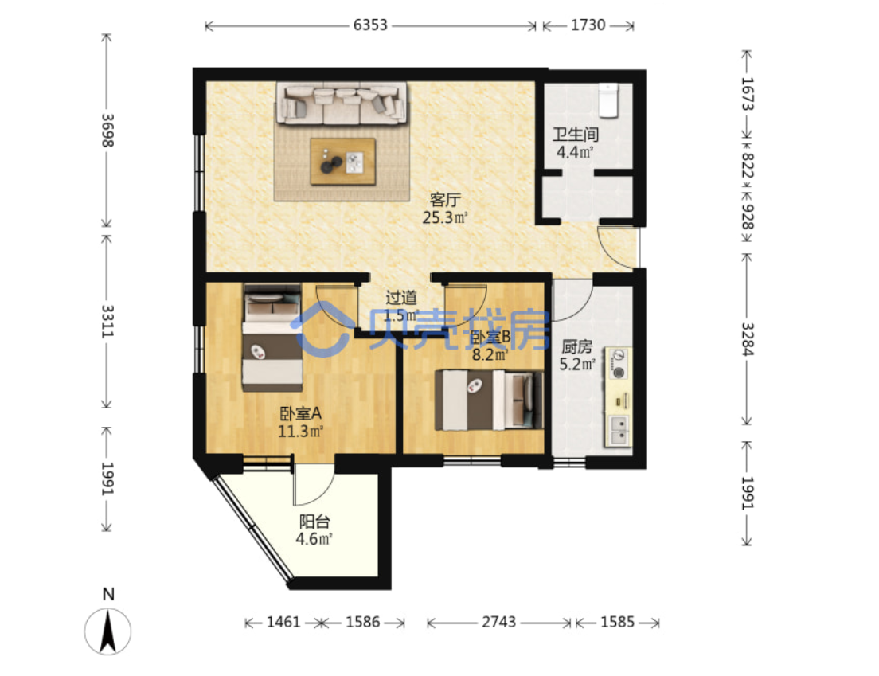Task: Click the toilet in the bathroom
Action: coord(607,100)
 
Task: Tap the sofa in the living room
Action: coord(342,104)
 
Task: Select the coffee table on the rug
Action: coord(343,162)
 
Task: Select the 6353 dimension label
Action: coord(370,25)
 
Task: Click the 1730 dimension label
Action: coord(588,25)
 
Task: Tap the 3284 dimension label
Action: coord(748,339)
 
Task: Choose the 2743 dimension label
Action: coord(499,622)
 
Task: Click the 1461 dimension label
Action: coord(283,622)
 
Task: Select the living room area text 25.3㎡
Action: coord(445,217)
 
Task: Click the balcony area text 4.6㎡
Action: coord(314,539)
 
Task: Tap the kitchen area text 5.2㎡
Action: coord(577,365)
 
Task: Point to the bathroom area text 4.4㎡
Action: coord(575,151)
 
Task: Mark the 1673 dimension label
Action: coord(748,94)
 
